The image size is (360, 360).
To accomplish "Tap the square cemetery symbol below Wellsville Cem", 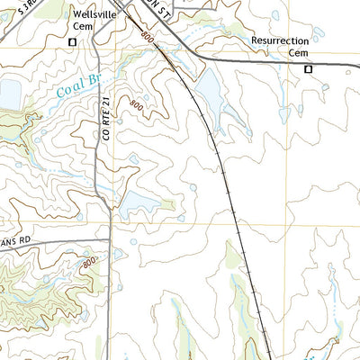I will tap(72, 41).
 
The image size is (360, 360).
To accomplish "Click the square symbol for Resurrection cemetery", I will tap(307, 68).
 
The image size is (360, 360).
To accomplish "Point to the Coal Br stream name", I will tap(77, 87).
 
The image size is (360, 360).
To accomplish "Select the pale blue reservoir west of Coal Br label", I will tap(8, 93).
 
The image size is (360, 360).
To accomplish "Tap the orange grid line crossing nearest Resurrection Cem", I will tap(288, 73).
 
